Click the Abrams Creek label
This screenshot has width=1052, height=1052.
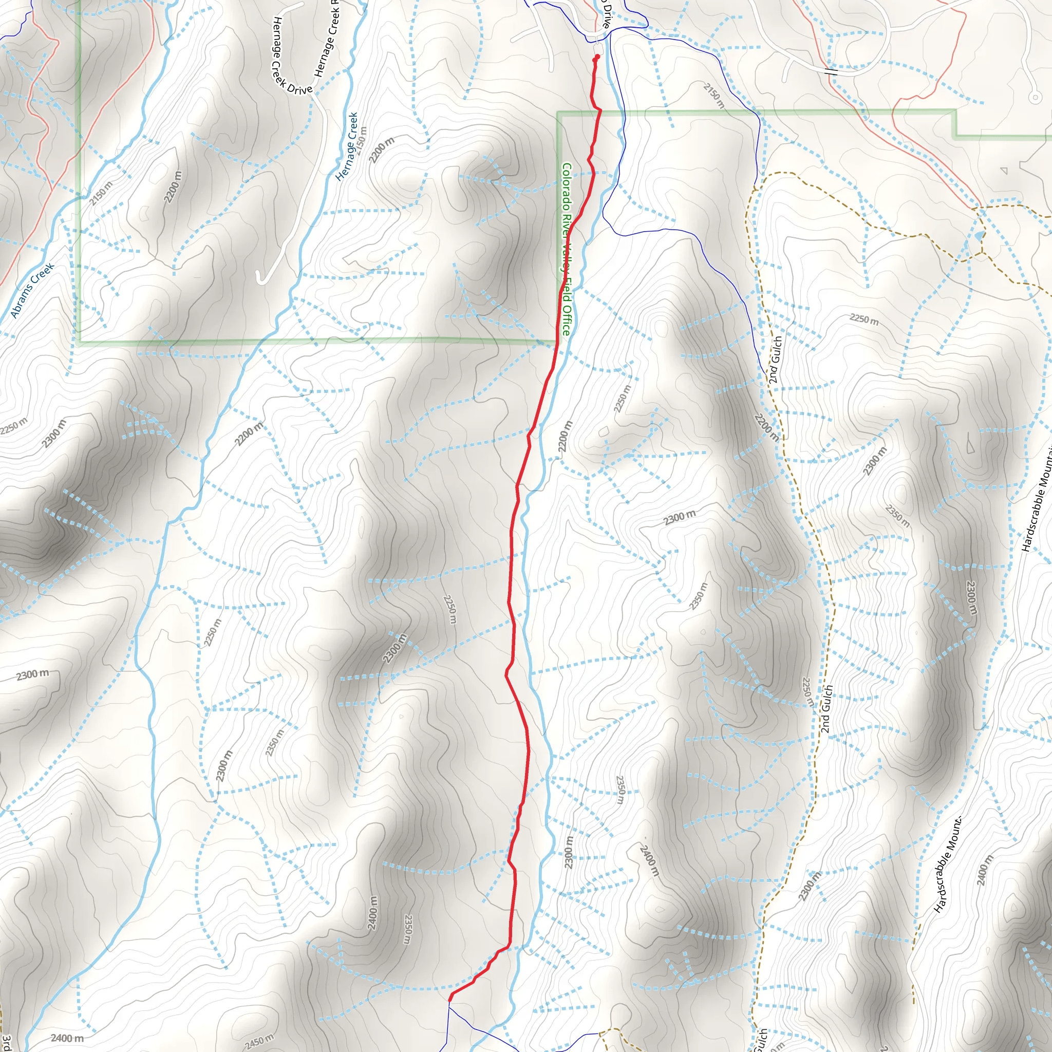(x=33, y=291)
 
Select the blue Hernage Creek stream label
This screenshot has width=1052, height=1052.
(x=347, y=146)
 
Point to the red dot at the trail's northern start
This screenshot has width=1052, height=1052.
(x=597, y=57)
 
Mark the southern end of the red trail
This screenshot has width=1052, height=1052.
(x=450, y=999)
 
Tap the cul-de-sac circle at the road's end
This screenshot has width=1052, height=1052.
(x=1035, y=98)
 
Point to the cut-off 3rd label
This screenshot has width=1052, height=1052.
(x=6, y=1043)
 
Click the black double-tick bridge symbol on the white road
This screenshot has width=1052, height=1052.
(x=831, y=71)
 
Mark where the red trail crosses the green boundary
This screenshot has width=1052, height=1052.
(x=599, y=112)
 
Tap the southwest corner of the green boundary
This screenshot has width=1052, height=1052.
(x=80, y=343)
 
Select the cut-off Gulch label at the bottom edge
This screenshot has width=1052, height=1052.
(x=761, y=1040)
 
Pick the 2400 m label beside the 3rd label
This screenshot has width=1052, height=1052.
(x=67, y=1038)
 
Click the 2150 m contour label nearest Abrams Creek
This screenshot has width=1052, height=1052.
(x=101, y=193)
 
